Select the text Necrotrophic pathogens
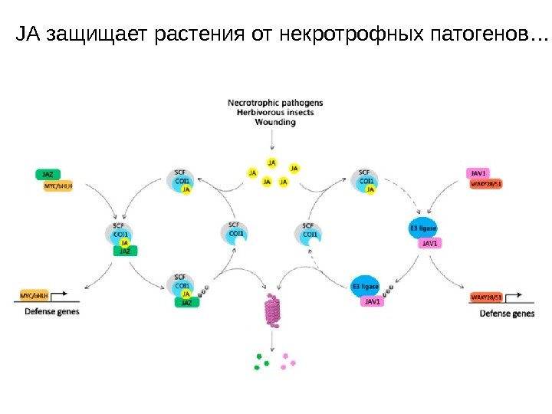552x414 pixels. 275,102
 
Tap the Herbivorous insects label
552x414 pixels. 275,112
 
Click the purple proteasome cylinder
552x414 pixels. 273,310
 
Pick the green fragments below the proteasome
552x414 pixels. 263,361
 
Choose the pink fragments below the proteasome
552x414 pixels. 287,360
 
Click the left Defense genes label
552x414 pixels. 52,312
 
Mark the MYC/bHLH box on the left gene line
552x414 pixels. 34,294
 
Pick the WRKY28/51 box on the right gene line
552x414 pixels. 487,297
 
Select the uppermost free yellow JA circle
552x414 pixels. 271,163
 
